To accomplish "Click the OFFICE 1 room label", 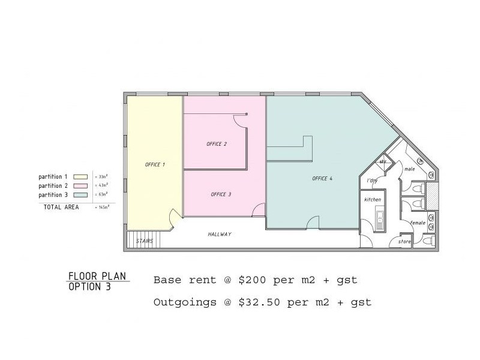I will click(155, 164).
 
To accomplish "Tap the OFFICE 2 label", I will click(216, 144).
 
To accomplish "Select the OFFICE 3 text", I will click(221, 194).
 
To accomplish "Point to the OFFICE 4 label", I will click(322, 178).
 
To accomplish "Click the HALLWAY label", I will click(220, 234).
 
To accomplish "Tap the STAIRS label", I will click(145, 241).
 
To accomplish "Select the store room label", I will click(404, 242).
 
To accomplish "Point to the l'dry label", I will click(372, 180).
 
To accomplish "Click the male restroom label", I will click(410, 169).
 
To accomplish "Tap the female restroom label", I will click(418, 223).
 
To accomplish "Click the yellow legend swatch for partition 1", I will click(80, 177).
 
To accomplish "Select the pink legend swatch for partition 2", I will click(80, 186).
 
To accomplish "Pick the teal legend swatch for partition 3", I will click(80, 195).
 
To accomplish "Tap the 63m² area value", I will click(103, 195).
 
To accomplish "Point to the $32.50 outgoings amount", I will click(259, 302).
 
